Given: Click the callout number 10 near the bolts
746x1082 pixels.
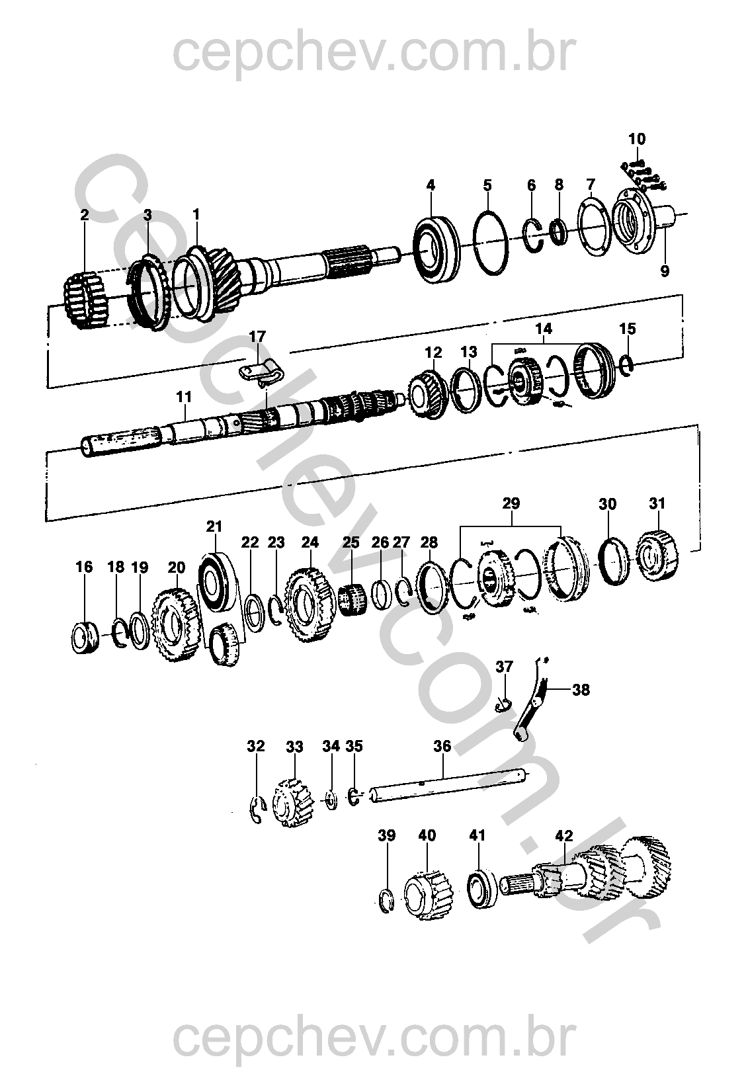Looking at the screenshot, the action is (636, 139).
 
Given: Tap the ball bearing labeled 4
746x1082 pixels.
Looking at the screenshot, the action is (436, 249).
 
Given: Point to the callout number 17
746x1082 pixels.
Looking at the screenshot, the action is (257, 336).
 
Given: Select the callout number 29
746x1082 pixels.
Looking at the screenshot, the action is (511, 503).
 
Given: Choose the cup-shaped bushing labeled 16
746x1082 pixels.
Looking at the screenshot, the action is (85, 639).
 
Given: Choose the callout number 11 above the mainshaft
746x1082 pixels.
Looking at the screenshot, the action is (184, 397).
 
